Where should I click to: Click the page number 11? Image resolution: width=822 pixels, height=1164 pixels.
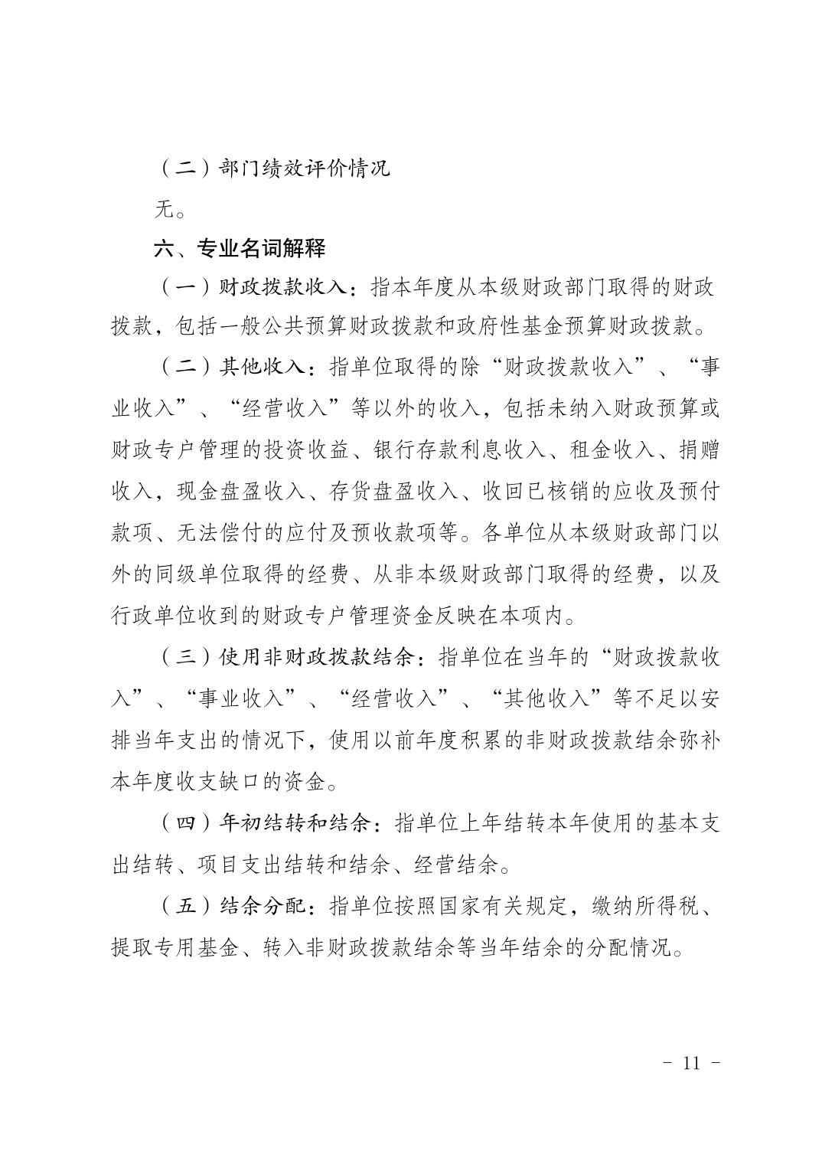[691, 1064]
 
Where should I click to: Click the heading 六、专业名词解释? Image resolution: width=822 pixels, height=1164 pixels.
[240, 248]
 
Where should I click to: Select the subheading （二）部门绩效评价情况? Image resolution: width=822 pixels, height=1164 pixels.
[273, 168]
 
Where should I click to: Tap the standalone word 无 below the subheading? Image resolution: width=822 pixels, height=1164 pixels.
[164, 208]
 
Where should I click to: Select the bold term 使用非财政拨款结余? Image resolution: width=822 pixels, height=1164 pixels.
[317, 658]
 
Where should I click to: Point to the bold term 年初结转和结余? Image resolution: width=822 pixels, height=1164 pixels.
[295, 824]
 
